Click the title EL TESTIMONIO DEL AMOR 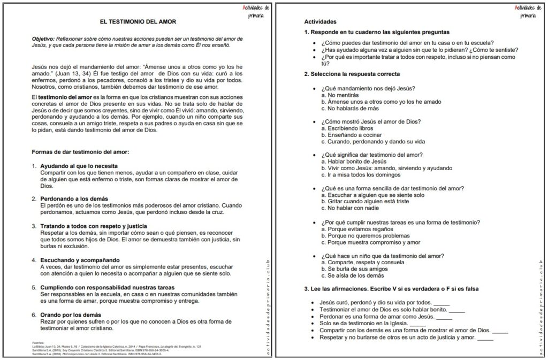point(138,21)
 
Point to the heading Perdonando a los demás point(74,198)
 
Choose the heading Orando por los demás point(71,315)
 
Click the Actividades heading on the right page point(320,22)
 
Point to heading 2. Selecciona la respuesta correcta point(352,74)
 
